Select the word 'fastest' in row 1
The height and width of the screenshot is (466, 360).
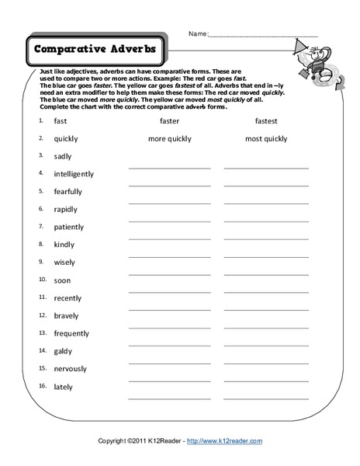[265, 121]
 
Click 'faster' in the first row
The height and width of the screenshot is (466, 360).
[169, 121]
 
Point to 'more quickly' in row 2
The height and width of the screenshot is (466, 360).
[169, 139]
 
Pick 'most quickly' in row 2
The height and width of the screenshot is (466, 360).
[265, 139]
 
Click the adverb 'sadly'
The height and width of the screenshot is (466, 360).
[63, 156]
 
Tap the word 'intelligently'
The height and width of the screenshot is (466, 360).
[74, 174]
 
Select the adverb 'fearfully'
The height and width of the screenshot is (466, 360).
[67, 192]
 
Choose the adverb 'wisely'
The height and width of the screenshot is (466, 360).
[64, 263]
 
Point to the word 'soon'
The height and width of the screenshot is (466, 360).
[62, 280]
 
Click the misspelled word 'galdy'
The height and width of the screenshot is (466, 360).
[63, 351]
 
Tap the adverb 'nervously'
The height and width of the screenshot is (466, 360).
[70, 369]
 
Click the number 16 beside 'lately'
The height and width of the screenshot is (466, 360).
[41, 386]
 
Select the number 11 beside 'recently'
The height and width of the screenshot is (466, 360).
[41, 297]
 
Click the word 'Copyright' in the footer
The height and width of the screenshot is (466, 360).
[113, 440]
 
